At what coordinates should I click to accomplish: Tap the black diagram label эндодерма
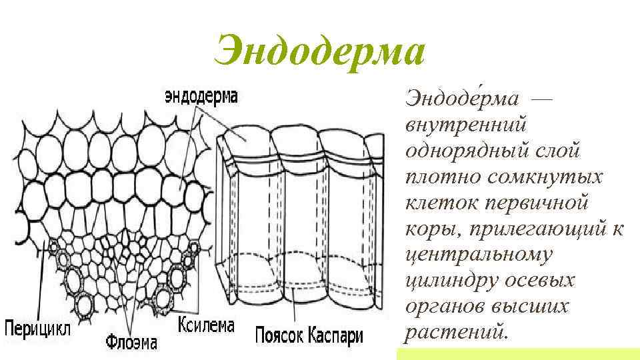pyautogui.click(x=201, y=97)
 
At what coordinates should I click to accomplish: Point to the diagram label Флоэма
pyautogui.click(x=132, y=343)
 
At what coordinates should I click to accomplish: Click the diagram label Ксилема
pyautogui.click(x=207, y=326)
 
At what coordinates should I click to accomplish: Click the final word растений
pyautogui.click(x=456, y=332)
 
